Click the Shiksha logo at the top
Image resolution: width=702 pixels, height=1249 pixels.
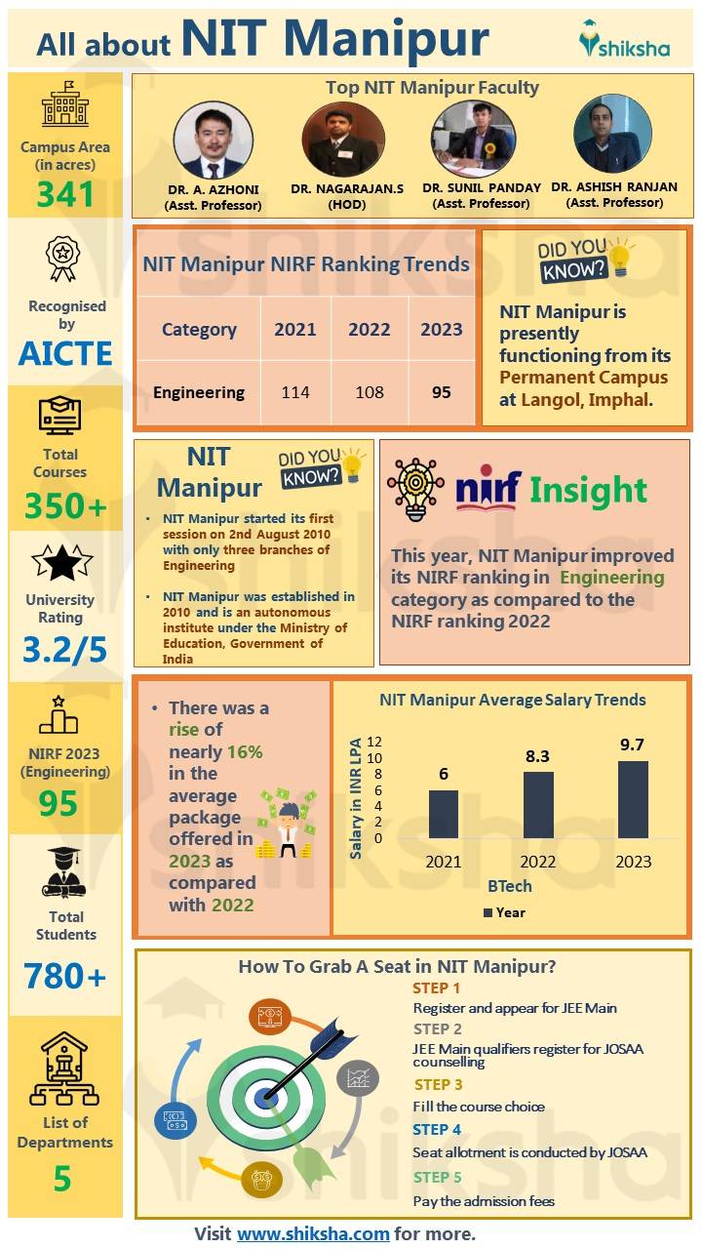(x=624, y=39)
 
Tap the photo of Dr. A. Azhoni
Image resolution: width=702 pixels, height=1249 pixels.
(x=213, y=140)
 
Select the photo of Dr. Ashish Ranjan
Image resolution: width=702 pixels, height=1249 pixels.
(x=612, y=135)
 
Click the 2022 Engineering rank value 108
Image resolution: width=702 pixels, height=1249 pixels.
(x=370, y=392)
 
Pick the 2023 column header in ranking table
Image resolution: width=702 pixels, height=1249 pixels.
(x=441, y=329)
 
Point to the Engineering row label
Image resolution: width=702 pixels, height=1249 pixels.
(x=199, y=392)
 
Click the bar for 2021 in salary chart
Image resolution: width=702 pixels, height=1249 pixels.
(x=444, y=814)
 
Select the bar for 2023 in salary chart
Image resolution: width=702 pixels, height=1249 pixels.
(x=632, y=799)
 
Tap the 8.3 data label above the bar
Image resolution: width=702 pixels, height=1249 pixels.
(x=537, y=755)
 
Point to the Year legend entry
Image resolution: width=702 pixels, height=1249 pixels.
(x=504, y=912)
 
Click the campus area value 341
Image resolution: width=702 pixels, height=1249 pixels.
(x=65, y=195)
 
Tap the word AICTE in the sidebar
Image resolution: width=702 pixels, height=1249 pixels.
(x=65, y=353)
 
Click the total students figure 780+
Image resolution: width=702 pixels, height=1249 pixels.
(x=65, y=975)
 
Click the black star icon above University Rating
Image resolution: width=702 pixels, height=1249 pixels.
(x=62, y=563)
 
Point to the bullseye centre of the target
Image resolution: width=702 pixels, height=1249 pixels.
(x=264, y=1096)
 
